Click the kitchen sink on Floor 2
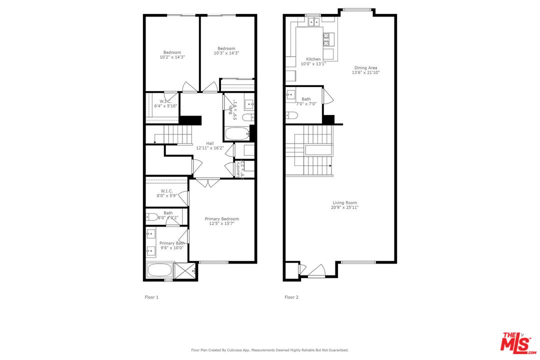(x=314, y=21)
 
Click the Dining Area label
(x=365, y=68)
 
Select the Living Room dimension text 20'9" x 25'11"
(x=345, y=207)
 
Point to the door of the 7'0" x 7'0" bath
(x=327, y=96)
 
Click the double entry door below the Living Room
(x=316, y=271)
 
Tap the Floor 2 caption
(x=291, y=297)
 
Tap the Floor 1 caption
(x=151, y=297)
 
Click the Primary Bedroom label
(x=221, y=219)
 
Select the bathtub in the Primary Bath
(x=159, y=271)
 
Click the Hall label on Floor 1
(x=210, y=143)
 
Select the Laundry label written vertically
(x=238, y=169)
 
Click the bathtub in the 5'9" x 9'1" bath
(x=236, y=134)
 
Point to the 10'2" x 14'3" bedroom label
(x=172, y=55)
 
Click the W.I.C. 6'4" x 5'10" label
(x=165, y=103)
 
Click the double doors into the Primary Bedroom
(x=207, y=182)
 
